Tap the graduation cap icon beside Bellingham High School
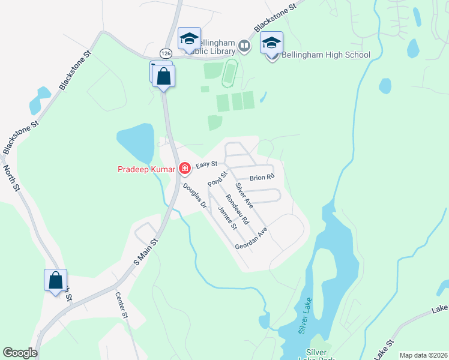[x=271, y=44]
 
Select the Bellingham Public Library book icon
[x=244, y=45]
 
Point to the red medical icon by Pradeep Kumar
[x=184, y=169]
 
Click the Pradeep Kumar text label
[x=146, y=169]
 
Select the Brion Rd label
[x=262, y=178]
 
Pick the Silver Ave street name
[x=244, y=195]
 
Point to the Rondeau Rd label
[x=237, y=209]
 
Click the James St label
[x=228, y=218]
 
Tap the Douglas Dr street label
[x=194, y=197]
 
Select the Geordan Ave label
[x=251, y=239]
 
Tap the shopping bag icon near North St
[x=55, y=281]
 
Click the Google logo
[x=20, y=353]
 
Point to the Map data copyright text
[x=423, y=355]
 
